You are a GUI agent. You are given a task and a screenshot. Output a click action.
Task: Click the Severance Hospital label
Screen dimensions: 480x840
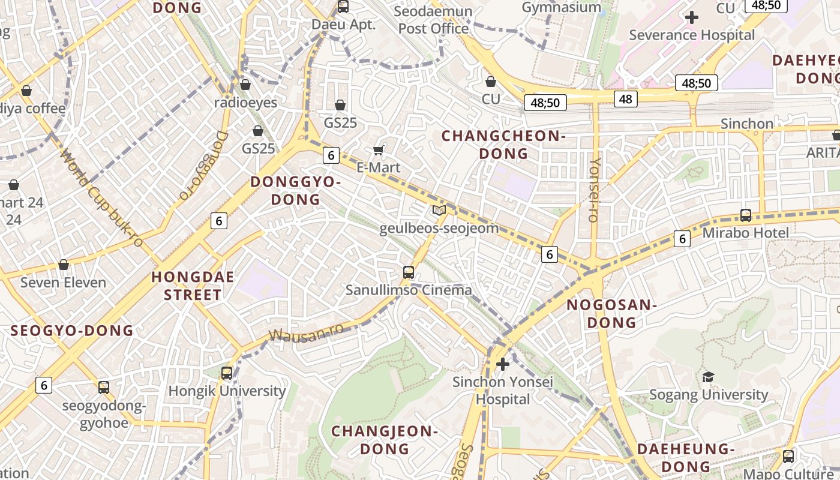point(691,35)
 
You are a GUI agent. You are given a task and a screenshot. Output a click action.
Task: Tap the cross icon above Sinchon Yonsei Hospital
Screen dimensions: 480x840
point(503,364)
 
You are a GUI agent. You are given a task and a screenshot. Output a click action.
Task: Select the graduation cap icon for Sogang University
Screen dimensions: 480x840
point(709,377)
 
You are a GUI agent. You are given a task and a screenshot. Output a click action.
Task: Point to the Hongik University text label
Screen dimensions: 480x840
point(227,391)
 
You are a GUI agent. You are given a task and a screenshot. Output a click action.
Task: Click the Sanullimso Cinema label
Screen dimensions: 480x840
point(409,290)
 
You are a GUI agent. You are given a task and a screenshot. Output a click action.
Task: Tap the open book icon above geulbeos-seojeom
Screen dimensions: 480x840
point(439,210)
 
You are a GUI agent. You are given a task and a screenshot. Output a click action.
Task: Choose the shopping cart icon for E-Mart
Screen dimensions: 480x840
point(378,149)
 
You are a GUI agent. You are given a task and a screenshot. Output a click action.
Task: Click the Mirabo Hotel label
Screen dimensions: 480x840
point(745,233)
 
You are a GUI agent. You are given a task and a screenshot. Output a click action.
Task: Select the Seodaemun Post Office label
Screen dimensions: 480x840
point(433,20)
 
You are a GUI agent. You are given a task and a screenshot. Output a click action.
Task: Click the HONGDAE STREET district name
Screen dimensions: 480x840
point(193,286)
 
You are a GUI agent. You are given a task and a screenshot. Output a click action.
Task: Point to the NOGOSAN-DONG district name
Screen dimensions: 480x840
point(611,313)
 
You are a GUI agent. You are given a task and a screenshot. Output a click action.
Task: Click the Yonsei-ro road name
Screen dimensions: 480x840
point(595,190)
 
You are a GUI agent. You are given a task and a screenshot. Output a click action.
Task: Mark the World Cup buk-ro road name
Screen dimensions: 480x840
point(102,198)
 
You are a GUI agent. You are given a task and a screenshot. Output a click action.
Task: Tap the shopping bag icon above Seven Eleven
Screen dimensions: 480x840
point(64,265)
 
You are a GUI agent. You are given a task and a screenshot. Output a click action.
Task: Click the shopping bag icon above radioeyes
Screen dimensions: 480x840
point(245,85)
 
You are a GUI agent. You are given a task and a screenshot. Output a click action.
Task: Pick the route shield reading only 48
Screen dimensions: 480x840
point(625,99)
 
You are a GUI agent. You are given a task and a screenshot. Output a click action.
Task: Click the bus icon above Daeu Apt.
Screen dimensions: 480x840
point(343,7)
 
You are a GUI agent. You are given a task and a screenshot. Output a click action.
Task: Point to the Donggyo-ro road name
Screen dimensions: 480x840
point(204,165)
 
